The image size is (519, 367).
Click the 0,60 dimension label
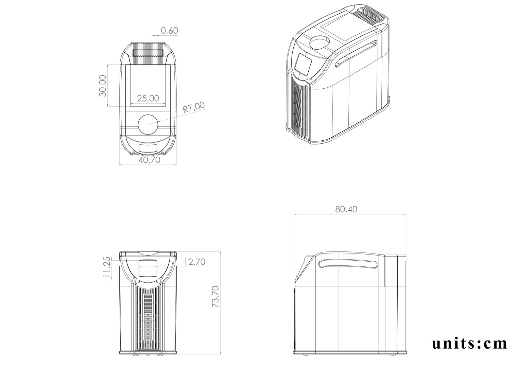pyautogui.click(x=170, y=31)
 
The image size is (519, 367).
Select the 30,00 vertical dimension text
pyautogui.click(x=102, y=86)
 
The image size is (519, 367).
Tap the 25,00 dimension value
pyautogui.click(x=148, y=98)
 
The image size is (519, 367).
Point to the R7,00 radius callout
pyautogui.click(x=194, y=107)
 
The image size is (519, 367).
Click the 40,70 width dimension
pyautogui.click(x=150, y=160)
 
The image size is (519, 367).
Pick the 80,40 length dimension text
pyautogui.click(x=346, y=209)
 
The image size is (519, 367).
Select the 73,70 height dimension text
pyautogui.click(x=215, y=297)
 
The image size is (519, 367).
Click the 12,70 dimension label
pyautogui.click(x=195, y=262)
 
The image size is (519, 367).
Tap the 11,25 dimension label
pyautogui.click(x=107, y=267)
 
